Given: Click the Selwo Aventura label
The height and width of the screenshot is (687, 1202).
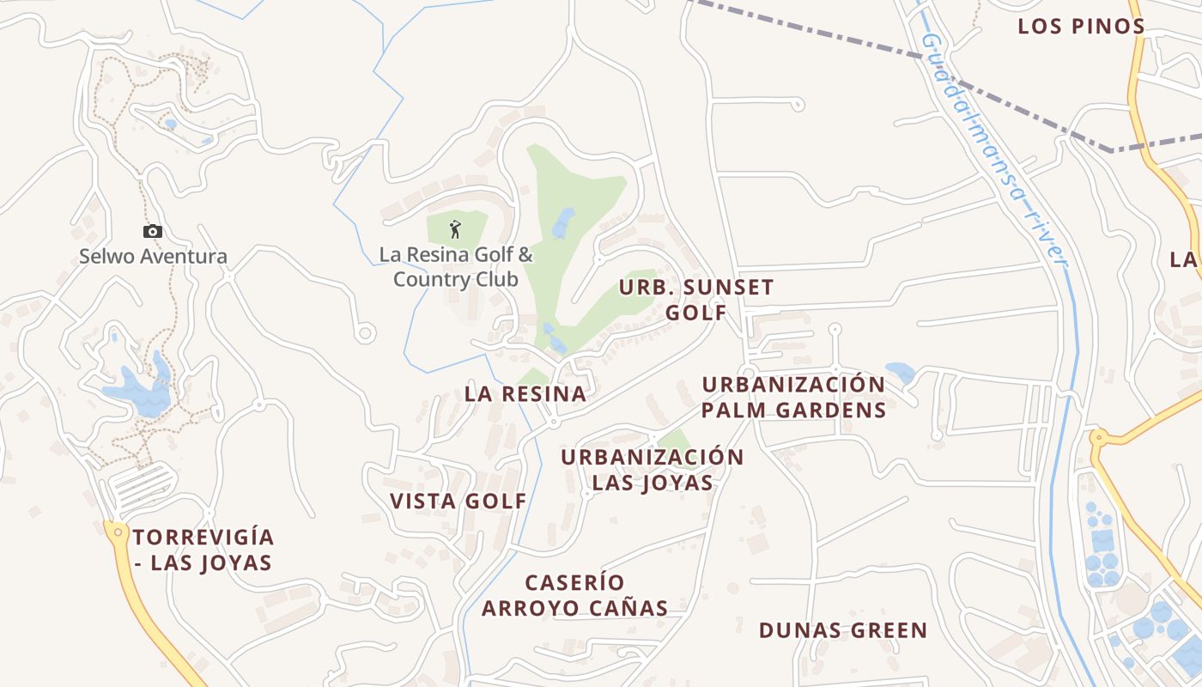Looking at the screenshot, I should [153, 256].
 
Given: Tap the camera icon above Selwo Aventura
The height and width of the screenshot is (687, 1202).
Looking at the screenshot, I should [153, 231].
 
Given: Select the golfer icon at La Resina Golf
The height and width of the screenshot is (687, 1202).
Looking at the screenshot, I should [455, 229].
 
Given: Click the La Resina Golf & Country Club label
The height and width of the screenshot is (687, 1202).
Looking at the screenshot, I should [456, 267].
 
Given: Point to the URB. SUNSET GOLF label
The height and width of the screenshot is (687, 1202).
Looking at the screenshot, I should [696, 300].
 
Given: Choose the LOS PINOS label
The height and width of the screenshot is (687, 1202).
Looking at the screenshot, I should [1081, 27].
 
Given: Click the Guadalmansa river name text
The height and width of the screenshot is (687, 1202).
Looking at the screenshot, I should [992, 146].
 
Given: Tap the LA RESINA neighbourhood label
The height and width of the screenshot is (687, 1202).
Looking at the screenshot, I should [525, 394].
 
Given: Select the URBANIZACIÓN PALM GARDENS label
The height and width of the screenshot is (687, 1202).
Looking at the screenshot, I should [793, 397].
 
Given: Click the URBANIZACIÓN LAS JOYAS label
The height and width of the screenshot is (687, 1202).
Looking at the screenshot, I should [653, 470].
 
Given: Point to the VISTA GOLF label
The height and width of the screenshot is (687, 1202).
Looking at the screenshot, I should [458, 502].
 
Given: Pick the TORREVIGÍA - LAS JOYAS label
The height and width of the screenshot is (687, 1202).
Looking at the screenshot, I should [203, 550].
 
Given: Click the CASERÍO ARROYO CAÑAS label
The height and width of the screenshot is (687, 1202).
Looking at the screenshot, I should [574, 595].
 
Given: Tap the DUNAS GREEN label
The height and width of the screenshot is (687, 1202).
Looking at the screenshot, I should [842, 630].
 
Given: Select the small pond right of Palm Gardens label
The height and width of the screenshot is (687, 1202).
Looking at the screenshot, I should [900, 372].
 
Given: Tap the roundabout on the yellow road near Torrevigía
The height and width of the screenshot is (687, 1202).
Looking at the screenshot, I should [118, 532].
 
